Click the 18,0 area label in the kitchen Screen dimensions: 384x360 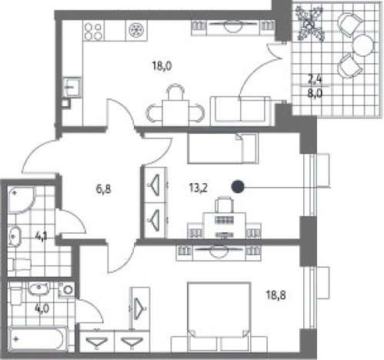pos(162,66)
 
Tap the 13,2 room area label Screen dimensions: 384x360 pos(199,188)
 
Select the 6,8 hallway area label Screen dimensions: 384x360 pos(103,189)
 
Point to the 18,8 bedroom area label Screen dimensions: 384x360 pos(275,295)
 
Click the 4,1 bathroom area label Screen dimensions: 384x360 pos(42,236)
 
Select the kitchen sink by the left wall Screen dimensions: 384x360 pos(72,87)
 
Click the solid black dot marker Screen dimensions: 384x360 pos(238,187)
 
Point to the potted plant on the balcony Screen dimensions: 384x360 pos(309,24)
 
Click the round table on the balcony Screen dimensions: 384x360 pos(362,45)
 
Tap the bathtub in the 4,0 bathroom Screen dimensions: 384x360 pos(38,339)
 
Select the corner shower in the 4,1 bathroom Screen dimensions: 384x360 pos(21,200)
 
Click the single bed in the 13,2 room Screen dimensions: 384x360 pos(222,148)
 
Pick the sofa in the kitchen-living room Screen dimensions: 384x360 pos(240,112)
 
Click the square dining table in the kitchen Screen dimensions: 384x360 pos(175,113)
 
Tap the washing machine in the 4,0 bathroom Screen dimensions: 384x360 pos(66,290)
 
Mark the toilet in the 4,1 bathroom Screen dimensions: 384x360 pos(19,265)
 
